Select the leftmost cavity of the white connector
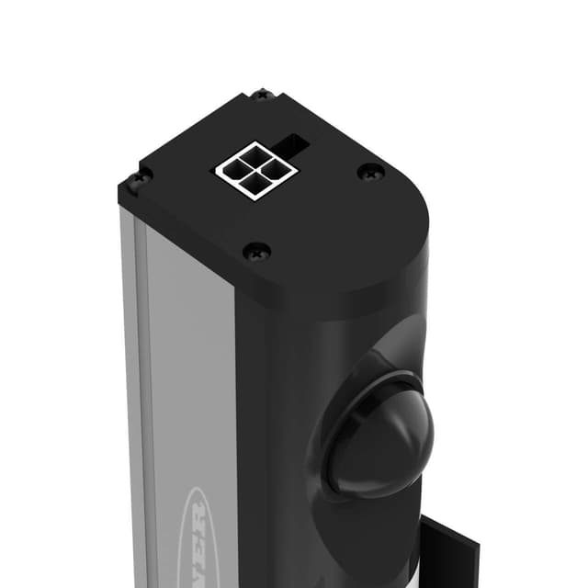click(234, 168)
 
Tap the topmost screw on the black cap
click(262, 94)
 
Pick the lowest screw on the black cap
click(256, 249)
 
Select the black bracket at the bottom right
click(450, 551)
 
